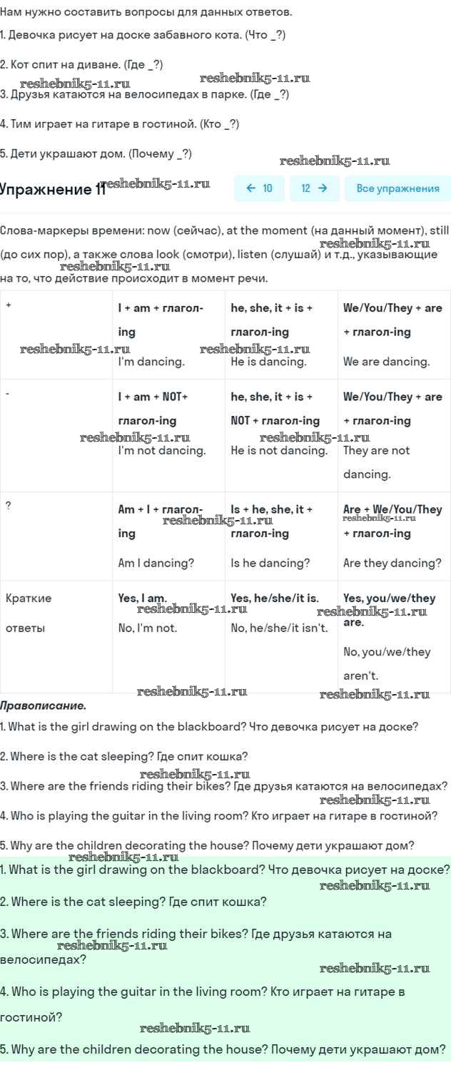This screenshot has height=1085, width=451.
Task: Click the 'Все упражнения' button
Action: point(397,188)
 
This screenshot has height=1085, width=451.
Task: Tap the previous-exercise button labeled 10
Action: point(259,188)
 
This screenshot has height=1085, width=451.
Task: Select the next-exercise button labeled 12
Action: point(314,188)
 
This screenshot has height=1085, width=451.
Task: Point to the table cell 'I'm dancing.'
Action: point(151,362)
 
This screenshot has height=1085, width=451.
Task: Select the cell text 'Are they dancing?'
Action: point(392,563)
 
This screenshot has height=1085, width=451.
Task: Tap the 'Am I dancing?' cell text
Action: point(156,563)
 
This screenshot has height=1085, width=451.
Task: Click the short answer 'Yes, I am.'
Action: point(142,598)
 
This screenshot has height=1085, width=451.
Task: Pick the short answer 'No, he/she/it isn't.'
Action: point(279,628)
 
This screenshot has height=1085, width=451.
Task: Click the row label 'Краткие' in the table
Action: point(29,598)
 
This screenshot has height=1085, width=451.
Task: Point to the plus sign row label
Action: point(9,305)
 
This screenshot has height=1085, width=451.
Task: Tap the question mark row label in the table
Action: point(9,506)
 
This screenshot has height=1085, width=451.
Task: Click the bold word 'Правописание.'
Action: point(43,705)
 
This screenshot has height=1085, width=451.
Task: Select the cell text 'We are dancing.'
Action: point(386,362)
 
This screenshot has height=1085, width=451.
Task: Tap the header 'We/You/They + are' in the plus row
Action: point(392,308)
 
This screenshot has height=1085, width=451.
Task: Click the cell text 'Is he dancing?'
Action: point(270,563)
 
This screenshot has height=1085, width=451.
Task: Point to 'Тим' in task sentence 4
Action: point(21,124)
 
